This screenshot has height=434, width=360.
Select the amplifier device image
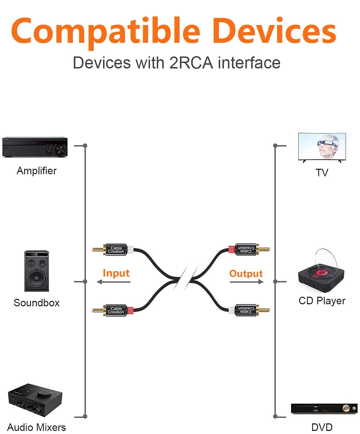click(35, 147)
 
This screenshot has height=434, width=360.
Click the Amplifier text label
click(37, 171)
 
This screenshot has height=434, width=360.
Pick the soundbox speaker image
click(37, 271)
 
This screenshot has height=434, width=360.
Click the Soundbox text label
click(37, 303)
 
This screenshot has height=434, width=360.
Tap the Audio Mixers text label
click(37, 427)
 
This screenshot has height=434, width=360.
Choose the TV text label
click(322, 173)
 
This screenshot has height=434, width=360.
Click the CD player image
click(321, 274)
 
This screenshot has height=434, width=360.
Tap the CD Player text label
click(322, 301)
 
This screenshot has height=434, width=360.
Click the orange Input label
click(116, 273)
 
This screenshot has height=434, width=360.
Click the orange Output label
click(246, 273)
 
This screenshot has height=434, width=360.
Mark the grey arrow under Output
click(247, 282)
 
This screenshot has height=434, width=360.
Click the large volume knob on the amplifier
click(60, 150)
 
